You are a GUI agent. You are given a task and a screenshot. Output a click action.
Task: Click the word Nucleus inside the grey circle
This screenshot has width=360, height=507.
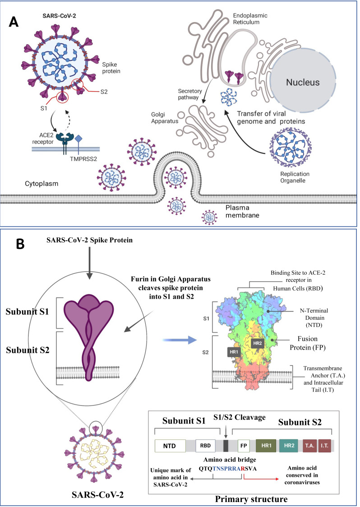(x=303, y=83)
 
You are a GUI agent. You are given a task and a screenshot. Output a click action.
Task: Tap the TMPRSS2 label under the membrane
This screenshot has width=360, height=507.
(x=83, y=159)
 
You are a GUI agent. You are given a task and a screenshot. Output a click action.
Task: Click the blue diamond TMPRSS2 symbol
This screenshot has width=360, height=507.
(x=78, y=139)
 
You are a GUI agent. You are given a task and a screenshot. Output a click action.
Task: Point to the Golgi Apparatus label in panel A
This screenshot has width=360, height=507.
(x=165, y=118)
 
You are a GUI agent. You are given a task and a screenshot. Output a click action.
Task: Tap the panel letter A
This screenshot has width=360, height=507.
(x=13, y=22)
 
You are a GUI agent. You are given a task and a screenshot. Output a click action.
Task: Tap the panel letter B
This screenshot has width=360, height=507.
(x=20, y=244)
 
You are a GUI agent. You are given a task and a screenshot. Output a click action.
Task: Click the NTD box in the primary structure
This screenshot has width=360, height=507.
(x=170, y=446)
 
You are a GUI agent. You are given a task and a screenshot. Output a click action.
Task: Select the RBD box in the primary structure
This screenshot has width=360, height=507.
(x=205, y=446)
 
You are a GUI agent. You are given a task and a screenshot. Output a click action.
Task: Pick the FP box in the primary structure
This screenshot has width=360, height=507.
(x=244, y=446)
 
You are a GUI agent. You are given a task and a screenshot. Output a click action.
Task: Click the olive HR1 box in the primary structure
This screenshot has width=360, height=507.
(x=266, y=446)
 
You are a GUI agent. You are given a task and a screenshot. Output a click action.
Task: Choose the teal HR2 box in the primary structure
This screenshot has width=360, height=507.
(x=289, y=446)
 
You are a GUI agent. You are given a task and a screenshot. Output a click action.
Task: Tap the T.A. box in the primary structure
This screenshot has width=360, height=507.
(x=309, y=446)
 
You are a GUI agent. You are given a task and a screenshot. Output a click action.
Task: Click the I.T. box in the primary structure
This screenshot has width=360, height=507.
(x=324, y=446)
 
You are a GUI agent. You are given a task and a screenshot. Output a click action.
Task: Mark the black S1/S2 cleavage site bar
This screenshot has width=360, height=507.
(x=226, y=446)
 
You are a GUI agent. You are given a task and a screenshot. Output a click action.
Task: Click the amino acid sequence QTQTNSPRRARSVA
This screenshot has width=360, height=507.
(x=228, y=469)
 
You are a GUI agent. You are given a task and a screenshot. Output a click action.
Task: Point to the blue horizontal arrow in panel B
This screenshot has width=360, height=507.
(x=180, y=340)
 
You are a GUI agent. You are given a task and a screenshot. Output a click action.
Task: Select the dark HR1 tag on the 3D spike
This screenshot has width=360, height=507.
(x=234, y=352)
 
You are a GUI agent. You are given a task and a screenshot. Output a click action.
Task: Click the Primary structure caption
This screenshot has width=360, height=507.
(x=251, y=499)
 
